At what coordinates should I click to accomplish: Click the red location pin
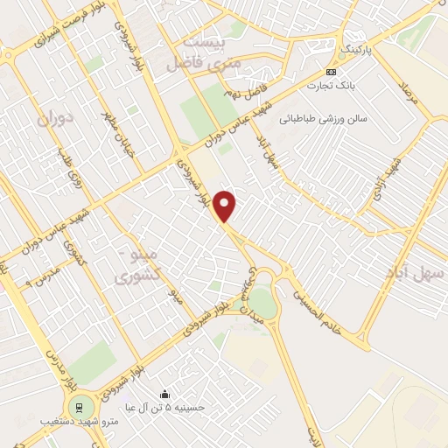click(x=226, y=206)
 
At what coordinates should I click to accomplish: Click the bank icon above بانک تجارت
click(x=331, y=72)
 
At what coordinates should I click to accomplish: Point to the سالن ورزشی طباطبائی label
click(x=320, y=116)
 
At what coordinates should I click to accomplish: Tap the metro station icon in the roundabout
click(x=80, y=407)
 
